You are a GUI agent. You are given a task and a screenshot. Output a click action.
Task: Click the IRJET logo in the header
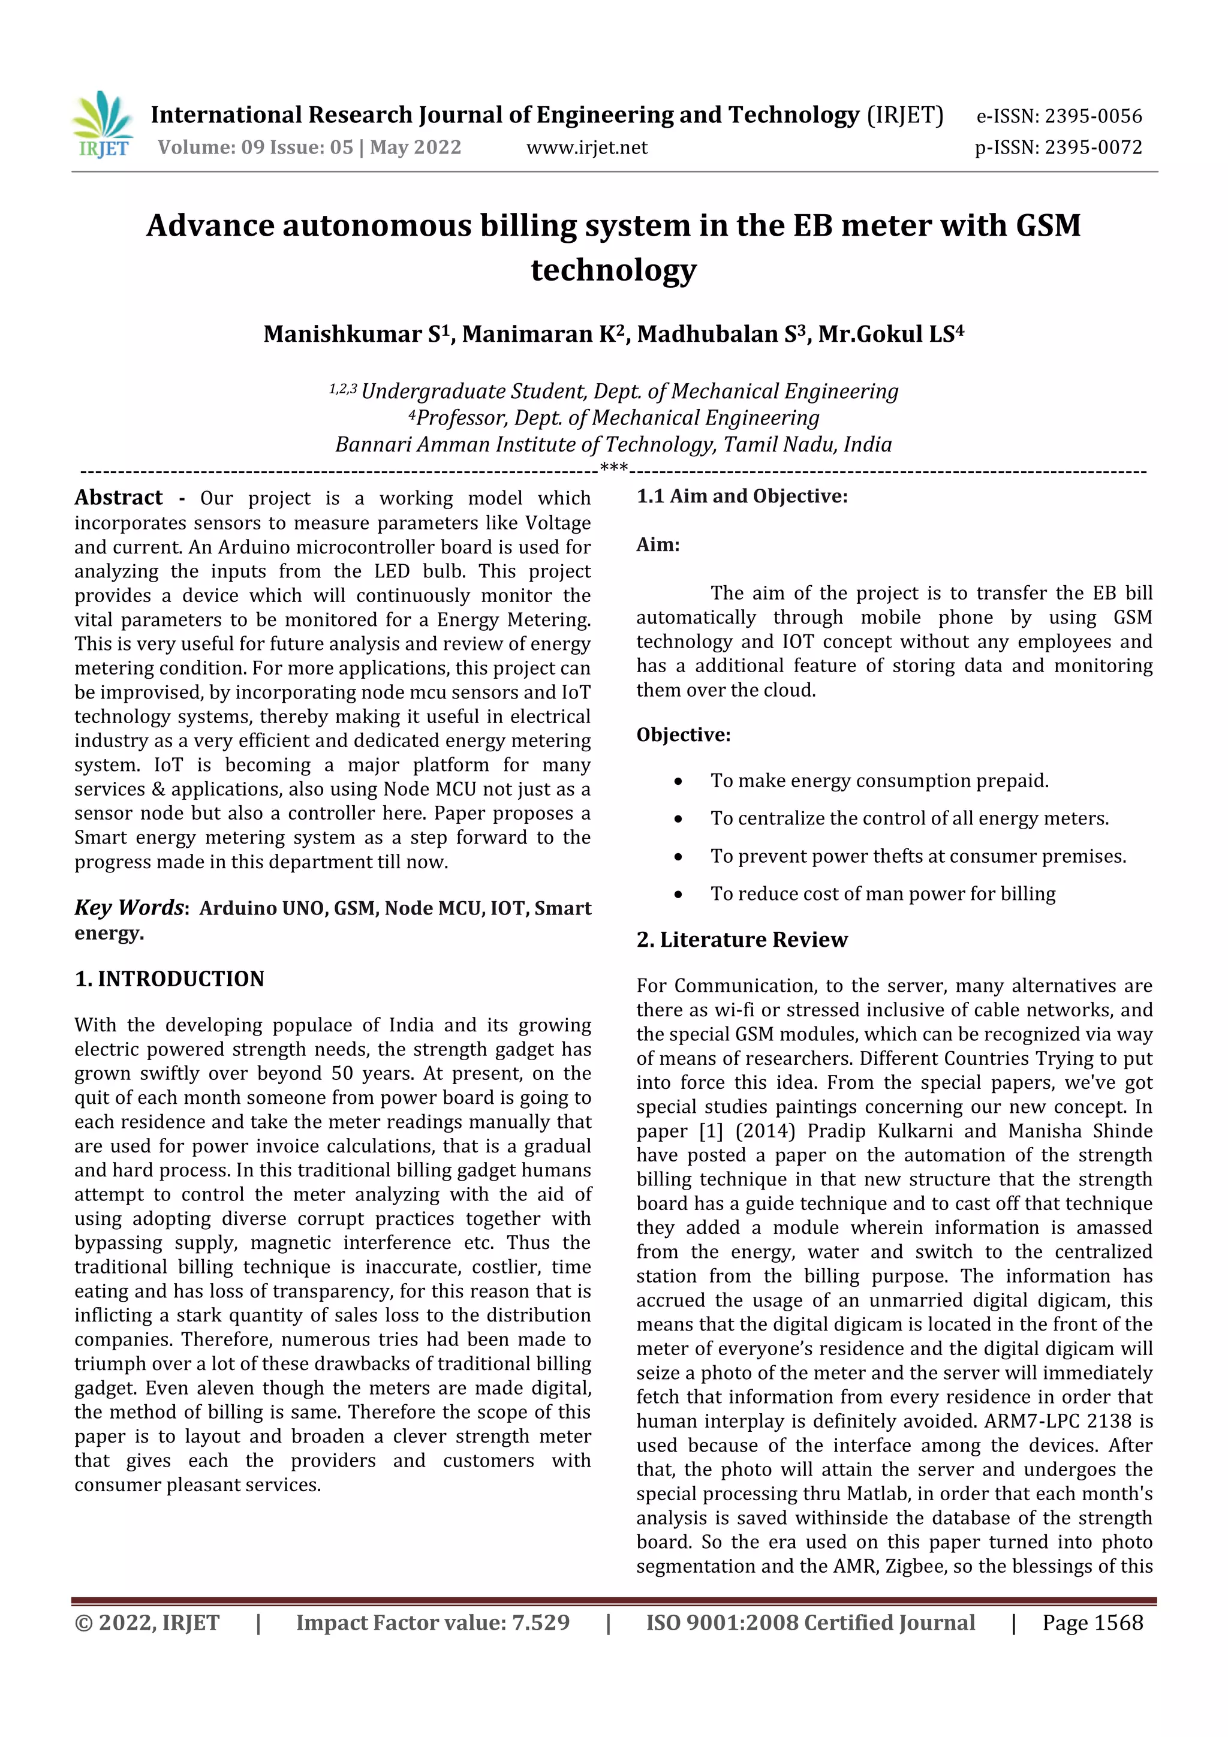103,125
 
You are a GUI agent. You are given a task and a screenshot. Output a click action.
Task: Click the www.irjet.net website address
586,147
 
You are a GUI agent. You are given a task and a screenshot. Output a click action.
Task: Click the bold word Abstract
118,498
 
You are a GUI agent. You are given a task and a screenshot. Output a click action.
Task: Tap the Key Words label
130,908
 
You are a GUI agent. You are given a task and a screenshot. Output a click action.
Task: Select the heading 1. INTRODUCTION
170,979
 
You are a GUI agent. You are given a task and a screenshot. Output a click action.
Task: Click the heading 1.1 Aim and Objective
742,496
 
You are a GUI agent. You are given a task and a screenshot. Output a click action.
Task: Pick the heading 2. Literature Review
742,940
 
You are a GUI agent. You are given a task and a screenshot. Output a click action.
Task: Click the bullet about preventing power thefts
918,856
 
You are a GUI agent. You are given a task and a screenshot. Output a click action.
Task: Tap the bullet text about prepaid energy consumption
879,781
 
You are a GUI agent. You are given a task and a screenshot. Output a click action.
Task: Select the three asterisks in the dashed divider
613,468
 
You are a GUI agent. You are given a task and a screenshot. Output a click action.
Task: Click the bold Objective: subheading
683,735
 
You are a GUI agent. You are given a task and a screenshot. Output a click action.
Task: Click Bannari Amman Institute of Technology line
613,445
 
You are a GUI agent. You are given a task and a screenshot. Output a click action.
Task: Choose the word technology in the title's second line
613,270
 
